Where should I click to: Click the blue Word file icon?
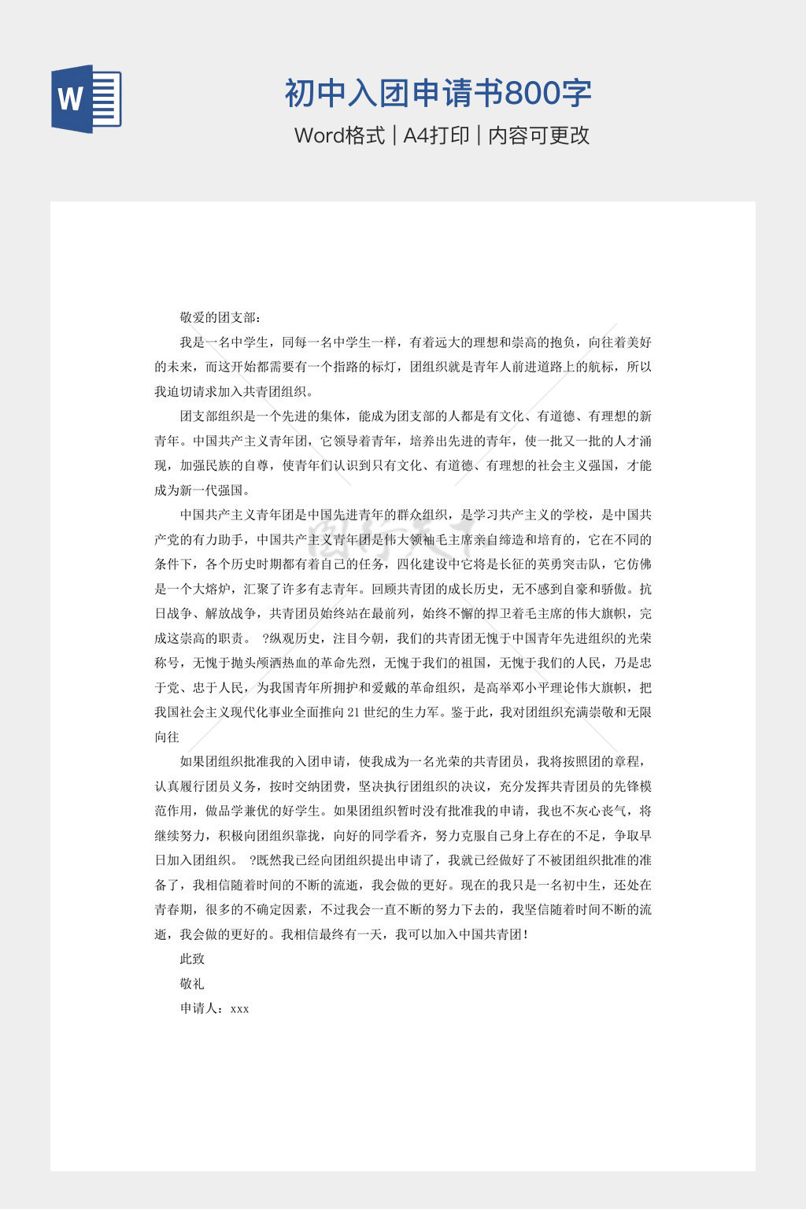pyautogui.click(x=87, y=98)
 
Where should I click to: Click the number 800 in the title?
pyautogui.click(x=529, y=94)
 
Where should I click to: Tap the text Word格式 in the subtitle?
pyautogui.click(x=339, y=135)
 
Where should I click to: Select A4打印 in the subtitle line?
pyautogui.click(x=436, y=135)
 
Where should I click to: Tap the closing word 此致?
pyautogui.click(x=192, y=959)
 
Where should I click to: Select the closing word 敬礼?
pyautogui.click(x=192, y=983)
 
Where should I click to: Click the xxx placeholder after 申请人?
pyautogui.click(x=240, y=1008)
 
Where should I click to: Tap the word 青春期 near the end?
pyautogui.click(x=173, y=909)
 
